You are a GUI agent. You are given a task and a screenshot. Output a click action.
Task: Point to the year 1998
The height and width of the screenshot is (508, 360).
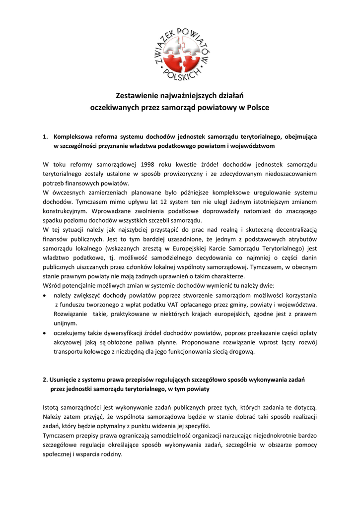pyautogui.click(x=149, y=164)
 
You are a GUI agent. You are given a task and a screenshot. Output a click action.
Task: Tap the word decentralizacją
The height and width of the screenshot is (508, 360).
pyautogui.click(x=295, y=230)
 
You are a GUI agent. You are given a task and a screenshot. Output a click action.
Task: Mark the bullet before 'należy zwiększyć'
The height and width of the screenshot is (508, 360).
pyautogui.click(x=45, y=295)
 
